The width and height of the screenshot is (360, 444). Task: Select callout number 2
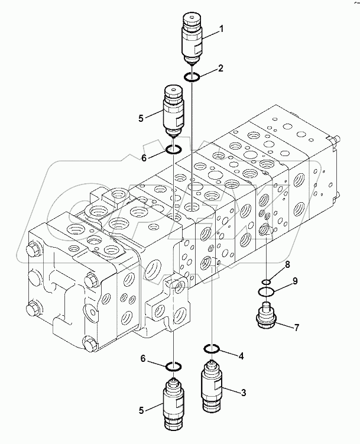220,68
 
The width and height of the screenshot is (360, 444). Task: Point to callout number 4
241,356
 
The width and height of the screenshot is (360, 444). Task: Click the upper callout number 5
141,118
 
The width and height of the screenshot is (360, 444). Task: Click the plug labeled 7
266,317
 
